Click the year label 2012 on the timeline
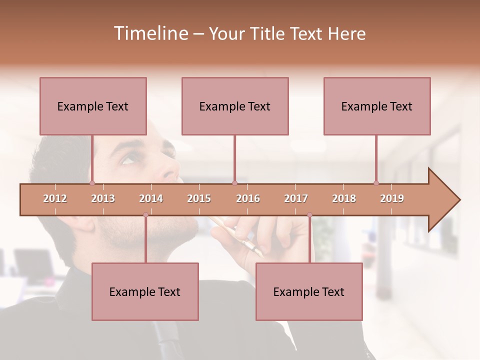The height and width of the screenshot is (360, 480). point(55,198)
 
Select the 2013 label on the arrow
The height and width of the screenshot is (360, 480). point(103,198)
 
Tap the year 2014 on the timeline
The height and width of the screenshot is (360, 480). point(151,198)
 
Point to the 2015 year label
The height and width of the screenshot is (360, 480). point(199,198)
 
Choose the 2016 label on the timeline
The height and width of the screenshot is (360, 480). point(248,198)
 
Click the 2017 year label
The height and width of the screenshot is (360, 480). point(296,198)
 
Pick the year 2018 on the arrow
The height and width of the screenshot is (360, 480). point(344,198)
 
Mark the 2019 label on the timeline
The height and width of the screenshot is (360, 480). point(392,198)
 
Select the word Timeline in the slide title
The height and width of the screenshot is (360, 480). point(150,33)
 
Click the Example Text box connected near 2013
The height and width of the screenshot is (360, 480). point(93,106)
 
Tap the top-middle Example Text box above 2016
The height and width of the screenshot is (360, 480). point(235,106)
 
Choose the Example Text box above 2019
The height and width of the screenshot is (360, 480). point(377,106)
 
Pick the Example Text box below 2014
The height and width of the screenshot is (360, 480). point(145,291)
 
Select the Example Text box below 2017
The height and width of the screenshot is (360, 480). point(309,291)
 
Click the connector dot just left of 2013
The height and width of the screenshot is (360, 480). point(92,183)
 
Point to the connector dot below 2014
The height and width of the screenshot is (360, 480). point(145,215)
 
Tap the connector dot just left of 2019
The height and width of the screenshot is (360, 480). point(376,183)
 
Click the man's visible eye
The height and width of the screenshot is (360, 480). point(129,159)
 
